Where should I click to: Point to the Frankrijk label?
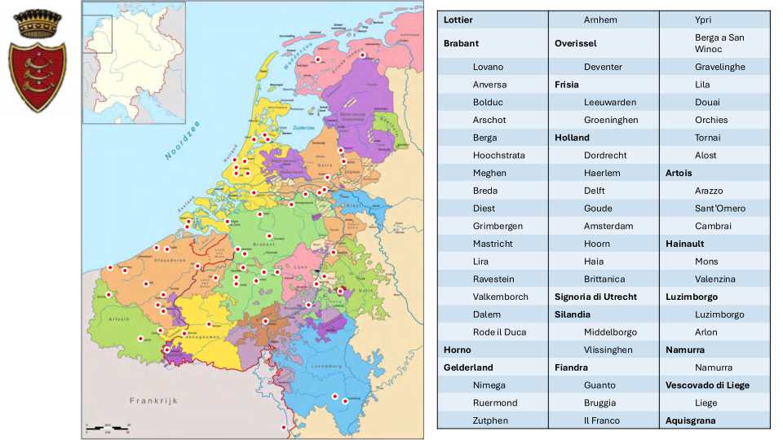pos(153,401)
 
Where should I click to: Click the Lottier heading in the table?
pos(458,20)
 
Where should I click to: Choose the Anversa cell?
pos(489,85)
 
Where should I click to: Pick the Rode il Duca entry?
pos(499,332)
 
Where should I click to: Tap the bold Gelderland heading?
pos(468,367)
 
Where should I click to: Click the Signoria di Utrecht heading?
pos(595,297)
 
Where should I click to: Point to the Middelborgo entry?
pos(610,332)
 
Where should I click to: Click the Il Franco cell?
pos(601,420)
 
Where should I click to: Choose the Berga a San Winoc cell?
pos(719,43)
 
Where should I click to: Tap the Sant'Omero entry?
pos(719,209)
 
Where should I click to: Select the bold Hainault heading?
pos(684,244)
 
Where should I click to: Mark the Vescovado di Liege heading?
pos(707,385)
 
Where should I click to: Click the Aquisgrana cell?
pos(690,420)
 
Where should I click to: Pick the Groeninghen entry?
pos(611,120)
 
